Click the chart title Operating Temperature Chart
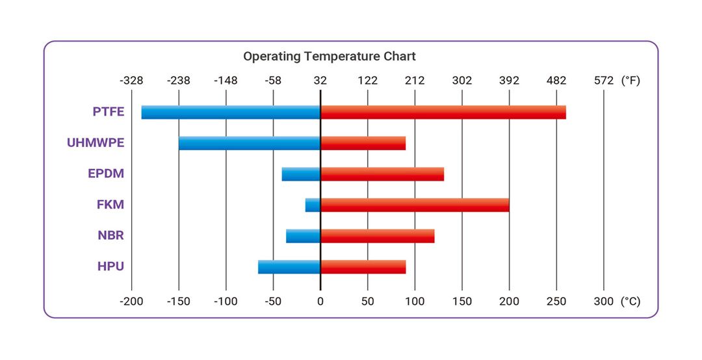click(329, 57)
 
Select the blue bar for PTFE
click(231, 112)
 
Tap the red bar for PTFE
click(443, 112)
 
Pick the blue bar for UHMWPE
click(250, 143)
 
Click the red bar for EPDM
click(382, 174)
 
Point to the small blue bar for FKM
click(313, 205)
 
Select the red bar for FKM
click(415, 205)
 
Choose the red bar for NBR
click(377, 236)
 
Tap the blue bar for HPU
click(289, 267)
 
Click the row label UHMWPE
click(96, 143)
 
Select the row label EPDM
click(106, 174)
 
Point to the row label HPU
click(110, 266)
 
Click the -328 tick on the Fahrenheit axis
click(131, 81)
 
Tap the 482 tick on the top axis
click(556, 81)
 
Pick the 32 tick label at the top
click(320, 81)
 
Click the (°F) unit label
click(630, 81)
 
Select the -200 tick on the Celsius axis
click(131, 302)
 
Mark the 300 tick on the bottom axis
click(604, 302)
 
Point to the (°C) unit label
click(630, 302)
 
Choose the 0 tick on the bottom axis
click(320, 302)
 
